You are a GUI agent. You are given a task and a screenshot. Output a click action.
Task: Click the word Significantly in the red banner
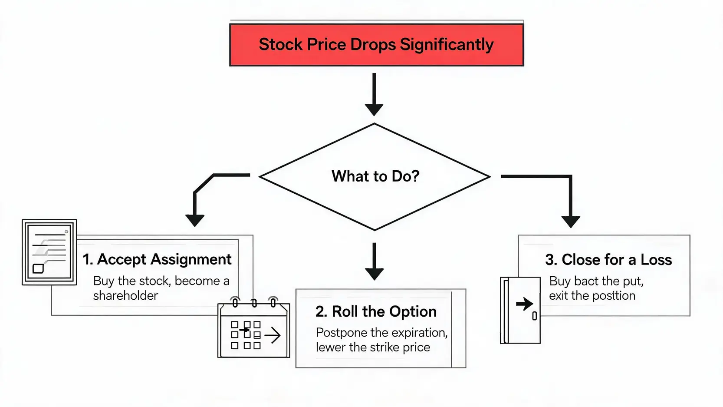pyautogui.click(x=447, y=45)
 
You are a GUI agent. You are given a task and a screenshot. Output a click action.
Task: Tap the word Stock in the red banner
pyautogui.click(x=281, y=44)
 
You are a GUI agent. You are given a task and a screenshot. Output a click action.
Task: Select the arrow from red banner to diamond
pyautogui.click(x=374, y=94)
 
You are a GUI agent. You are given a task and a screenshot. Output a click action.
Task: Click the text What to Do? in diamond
pyautogui.click(x=375, y=176)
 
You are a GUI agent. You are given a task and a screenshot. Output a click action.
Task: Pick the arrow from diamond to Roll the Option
pyautogui.click(x=375, y=261)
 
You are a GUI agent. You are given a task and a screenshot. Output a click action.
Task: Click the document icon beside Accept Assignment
pyautogui.click(x=49, y=252)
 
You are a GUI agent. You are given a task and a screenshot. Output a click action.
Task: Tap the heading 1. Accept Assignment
pyautogui.click(x=157, y=259)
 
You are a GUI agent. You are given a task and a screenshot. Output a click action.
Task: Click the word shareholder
pyautogui.click(x=125, y=295)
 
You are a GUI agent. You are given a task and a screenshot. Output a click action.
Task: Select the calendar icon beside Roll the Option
pyautogui.click(x=254, y=327)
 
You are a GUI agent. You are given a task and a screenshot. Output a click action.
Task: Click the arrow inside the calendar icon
pyautogui.click(x=273, y=335)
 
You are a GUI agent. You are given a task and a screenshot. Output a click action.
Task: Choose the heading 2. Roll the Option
pyautogui.click(x=376, y=312)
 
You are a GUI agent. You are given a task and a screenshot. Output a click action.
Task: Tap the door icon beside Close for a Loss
pyautogui.click(x=520, y=310)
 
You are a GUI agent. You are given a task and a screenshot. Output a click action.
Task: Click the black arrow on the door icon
pyautogui.click(x=525, y=304)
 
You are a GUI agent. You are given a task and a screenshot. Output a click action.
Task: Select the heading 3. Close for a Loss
pyautogui.click(x=608, y=260)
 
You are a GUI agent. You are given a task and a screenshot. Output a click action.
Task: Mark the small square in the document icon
pyautogui.click(x=38, y=268)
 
